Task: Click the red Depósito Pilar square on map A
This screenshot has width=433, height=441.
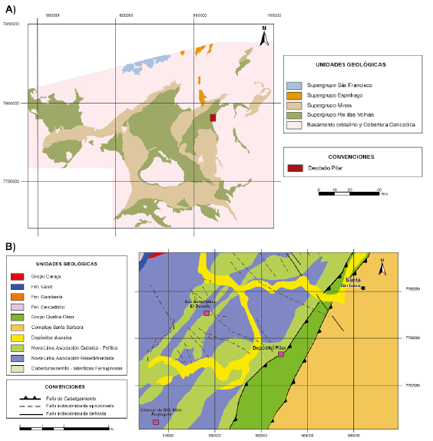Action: pyautogui.click(x=213, y=117)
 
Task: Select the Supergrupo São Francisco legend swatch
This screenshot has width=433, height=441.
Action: pyautogui.click(x=293, y=86)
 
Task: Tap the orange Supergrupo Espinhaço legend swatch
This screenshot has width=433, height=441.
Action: pyautogui.click(x=293, y=95)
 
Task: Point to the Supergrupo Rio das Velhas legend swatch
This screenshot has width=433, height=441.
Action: pyautogui.click(x=293, y=114)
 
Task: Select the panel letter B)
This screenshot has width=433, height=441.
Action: pyautogui.click(x=11, y=246)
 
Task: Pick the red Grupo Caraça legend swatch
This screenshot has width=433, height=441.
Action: pyautogui.click(x=17, y=275)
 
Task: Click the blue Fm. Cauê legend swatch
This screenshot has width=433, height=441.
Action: pyautogui.click(x=17, y=285)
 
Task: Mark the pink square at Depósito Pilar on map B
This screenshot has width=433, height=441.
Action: pyautogui.click(x=281, y=354)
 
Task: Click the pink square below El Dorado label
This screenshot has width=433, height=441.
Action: pyautogui.click(x=206, y=314)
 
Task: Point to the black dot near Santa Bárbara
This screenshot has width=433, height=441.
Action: pyautogui.click(x=362, y=288)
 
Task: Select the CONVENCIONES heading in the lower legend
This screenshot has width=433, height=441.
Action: pyautogui.click(x=65, y=387)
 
